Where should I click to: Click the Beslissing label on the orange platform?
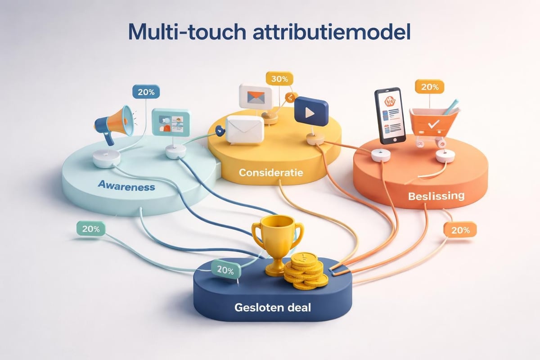[436, 197]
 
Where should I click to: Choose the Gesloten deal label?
[273, 308]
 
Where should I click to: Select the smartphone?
[390, 116]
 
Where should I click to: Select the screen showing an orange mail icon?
[256, 96]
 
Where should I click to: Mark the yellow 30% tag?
[279, 79]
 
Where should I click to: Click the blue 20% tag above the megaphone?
[146, 92]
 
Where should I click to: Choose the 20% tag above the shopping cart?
[429, 87]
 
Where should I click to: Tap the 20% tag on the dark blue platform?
[225, 271]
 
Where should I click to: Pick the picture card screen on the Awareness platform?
[171, 122]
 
